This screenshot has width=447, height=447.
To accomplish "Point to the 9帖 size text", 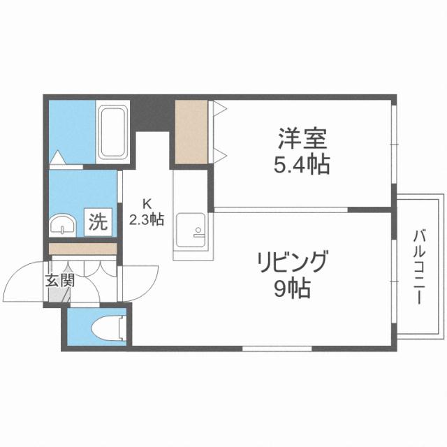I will pyautogui.click(x=293, y=288).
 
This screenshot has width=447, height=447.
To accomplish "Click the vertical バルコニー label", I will pyautogui.click(x=418, y=265).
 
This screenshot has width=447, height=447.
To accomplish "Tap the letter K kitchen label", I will pyautogui.click(x=147, y=204).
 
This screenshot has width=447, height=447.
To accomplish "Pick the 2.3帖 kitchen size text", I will pyautogui.click(x=147, y=219).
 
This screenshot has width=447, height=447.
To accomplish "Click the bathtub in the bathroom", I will pyautogui.click(x=112, y=133).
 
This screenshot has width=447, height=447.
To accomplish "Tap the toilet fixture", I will pyautogui.click(x=110, y=326).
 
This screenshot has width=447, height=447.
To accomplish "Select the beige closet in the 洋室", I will pyautogui.click(x=191, y=132).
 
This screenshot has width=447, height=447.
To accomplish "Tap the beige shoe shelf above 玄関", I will pyautogui.click(x=82, y=249).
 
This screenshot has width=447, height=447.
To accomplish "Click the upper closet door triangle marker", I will pyautogui.click(x=218, y=108).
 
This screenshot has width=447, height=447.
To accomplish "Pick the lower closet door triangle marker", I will pyautogui.click(x=218, y=154).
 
